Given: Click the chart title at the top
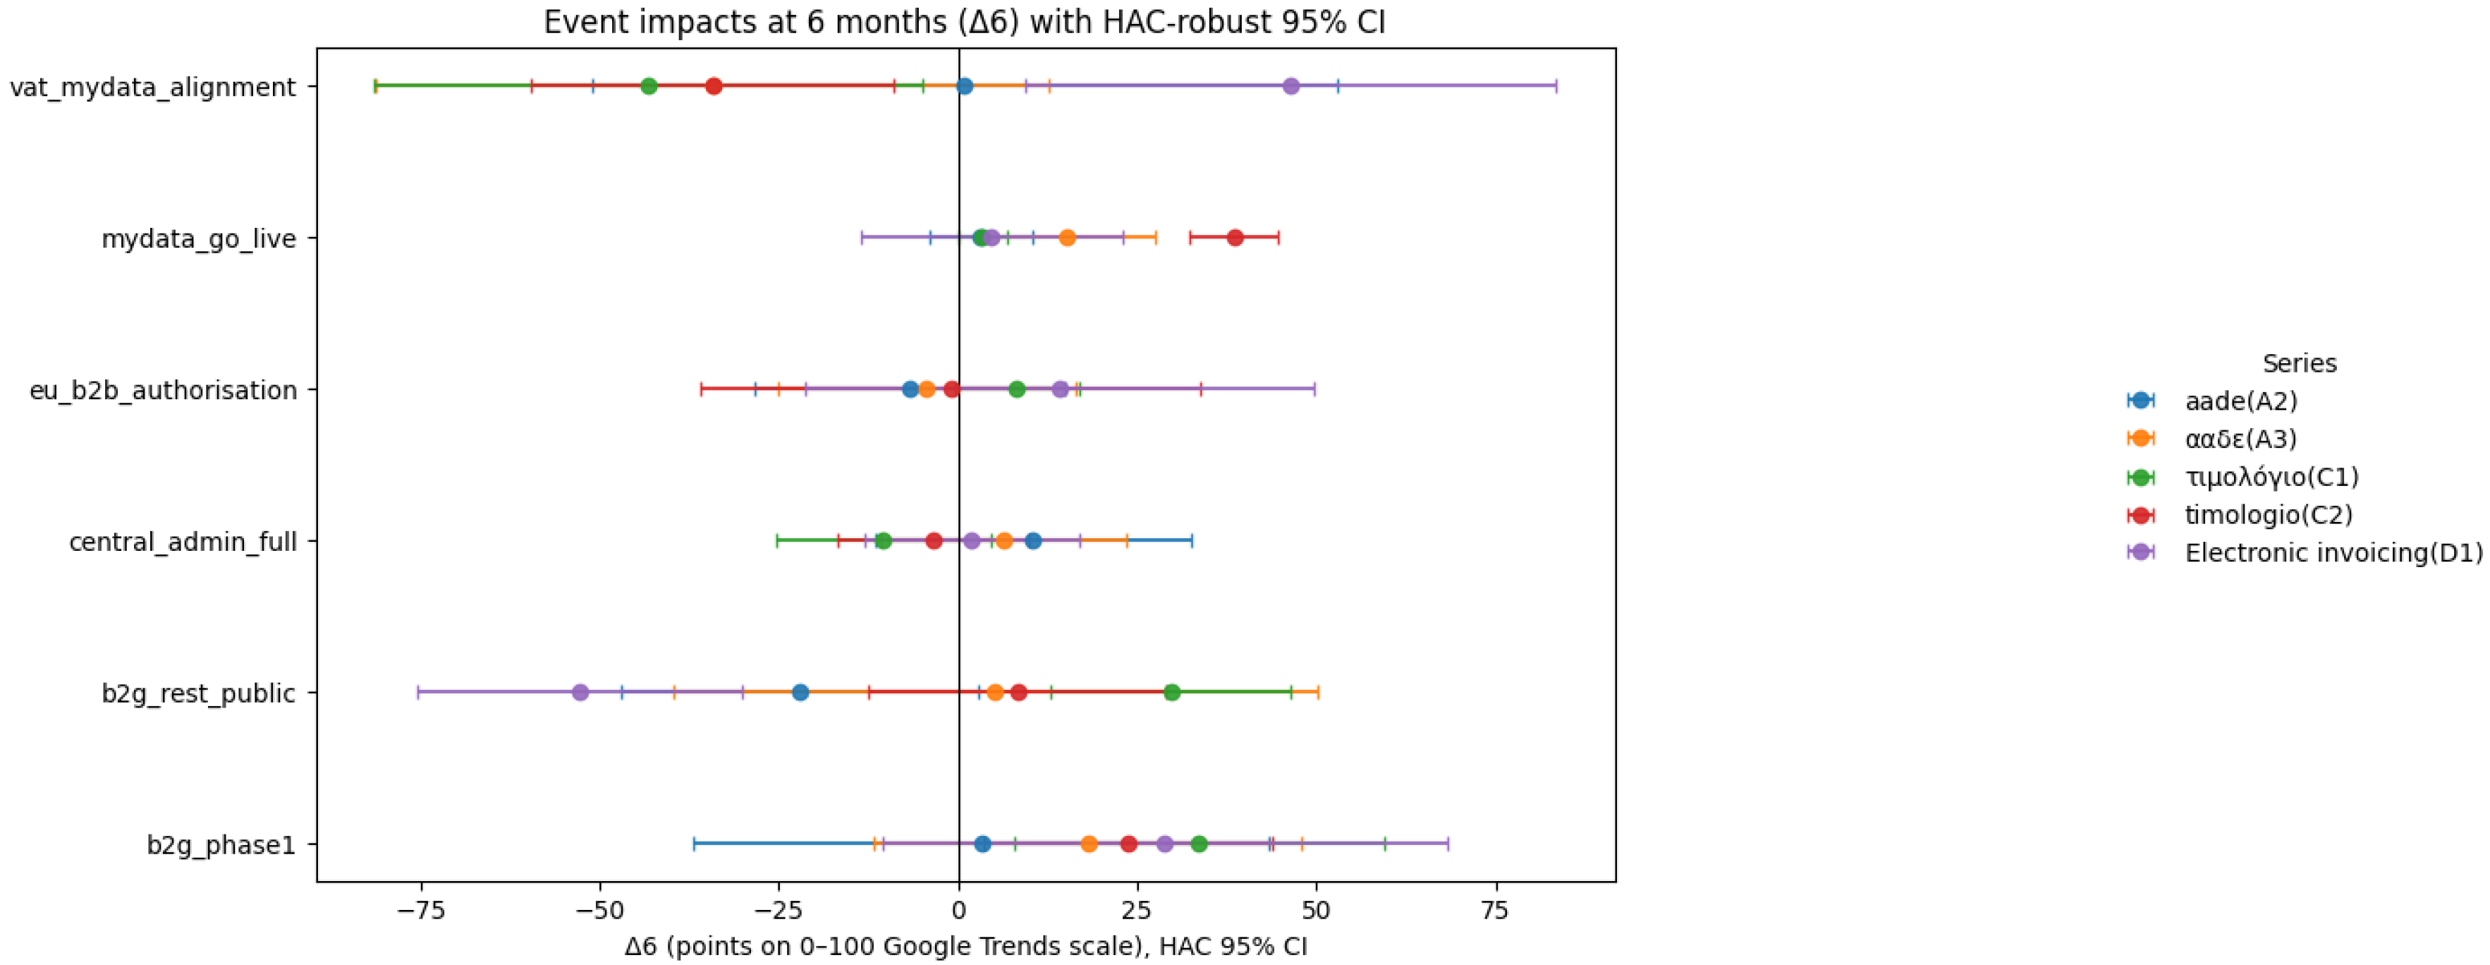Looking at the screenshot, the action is [x=965, y=21].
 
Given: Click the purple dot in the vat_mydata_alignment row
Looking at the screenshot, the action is [x=1290, y=86].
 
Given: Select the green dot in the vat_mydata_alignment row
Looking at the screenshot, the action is [x=649, y=86].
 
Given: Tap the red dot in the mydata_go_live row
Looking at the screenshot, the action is [x=1234, y=238].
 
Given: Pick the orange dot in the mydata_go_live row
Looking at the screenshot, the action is [x=1067, y=238].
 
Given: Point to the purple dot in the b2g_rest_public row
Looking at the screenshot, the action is [x=580, y=692].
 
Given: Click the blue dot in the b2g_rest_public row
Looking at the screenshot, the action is [x=800, y=692].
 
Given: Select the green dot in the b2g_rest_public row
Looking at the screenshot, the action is [x=1171, y=692].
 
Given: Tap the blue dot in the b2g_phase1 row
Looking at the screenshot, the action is [x=982, y=844].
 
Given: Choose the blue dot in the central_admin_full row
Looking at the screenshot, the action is [x=1032, y=540].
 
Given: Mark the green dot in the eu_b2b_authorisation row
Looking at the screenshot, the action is [x=1016, y=389].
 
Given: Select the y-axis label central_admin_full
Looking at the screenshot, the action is [x=183, y=542].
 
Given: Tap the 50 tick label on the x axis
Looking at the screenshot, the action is [x=1316, y=911].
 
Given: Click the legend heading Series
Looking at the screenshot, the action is [x=2300, y=363].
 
